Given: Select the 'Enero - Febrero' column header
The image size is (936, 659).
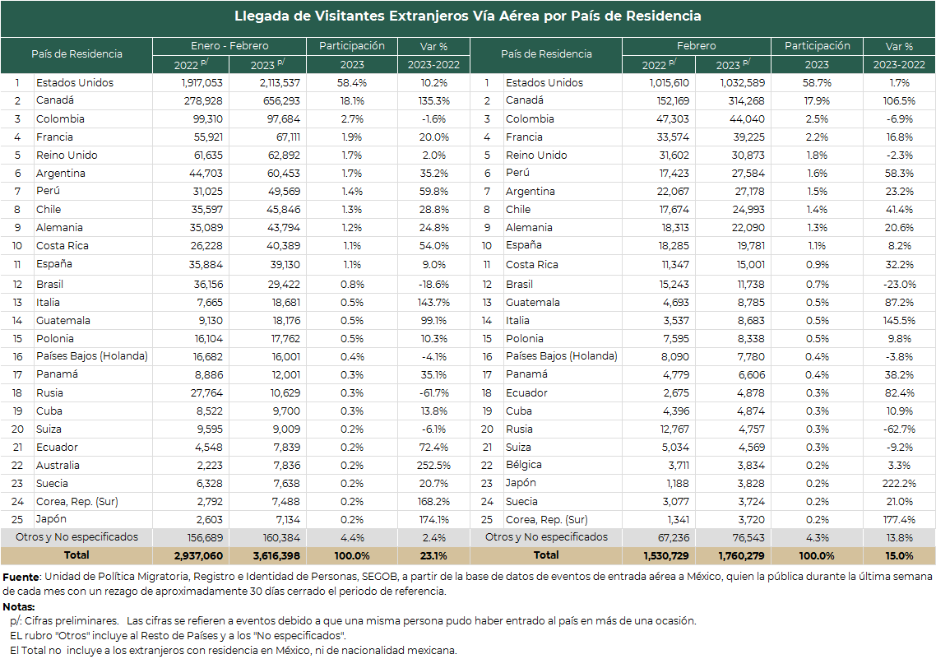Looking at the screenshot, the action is tap(229, 46).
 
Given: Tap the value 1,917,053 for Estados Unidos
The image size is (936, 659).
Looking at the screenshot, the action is tap(202, 83).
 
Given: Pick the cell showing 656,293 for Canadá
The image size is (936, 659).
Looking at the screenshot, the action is tap(281, 101).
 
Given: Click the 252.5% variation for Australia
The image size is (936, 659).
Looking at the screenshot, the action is tap(433, 466).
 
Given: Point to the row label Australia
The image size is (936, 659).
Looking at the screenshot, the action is tap(58, 466).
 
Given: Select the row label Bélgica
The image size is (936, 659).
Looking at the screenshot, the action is tap(523, 465).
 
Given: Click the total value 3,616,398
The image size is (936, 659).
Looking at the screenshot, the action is tap(276, 556).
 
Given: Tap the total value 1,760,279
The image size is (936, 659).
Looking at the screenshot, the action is tap(741, 556).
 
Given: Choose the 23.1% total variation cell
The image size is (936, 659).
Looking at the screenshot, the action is tap(433, 556).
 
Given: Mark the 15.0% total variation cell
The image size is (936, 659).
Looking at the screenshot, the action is tap(899, 556).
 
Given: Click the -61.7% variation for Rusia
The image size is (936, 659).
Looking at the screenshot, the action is tap(433, 393).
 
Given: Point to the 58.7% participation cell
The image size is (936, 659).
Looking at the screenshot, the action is tap(817, 83).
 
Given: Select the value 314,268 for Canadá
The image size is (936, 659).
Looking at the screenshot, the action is tap(746, 101).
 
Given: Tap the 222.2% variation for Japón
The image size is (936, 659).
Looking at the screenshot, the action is tap(899, 484).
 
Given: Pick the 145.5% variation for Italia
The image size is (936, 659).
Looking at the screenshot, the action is tap(899, 321).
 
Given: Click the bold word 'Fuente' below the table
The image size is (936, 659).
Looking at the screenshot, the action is tap(21, 578).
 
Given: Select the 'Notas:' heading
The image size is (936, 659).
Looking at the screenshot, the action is tap(18, 607).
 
